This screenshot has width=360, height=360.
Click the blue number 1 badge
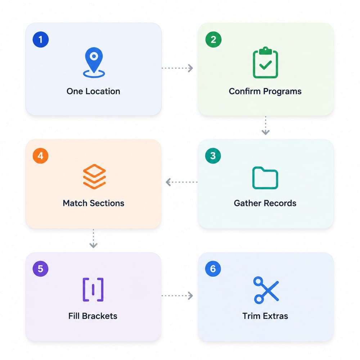pyautogui.click(x=41, y=40)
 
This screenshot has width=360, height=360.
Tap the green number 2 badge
pyautogui.click(x=213, y=40)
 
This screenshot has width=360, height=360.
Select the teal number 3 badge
pyautogui.click(x=213, y=156)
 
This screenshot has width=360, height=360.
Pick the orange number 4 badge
pyautogui.click(x=40, y=156)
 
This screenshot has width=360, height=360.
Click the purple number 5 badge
pyautogui.click(x=40, y=269)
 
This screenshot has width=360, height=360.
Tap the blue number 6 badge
pyautogui.click(x=213, y=269)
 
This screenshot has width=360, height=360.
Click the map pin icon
pyautogui.click(x=94, y=62)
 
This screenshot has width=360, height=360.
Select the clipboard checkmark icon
pyautogui.click(x=265, y=62)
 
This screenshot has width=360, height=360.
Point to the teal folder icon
pyautogui.click(x=265, y=178)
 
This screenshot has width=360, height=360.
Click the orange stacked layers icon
pyautogui.click(x=94, y=176)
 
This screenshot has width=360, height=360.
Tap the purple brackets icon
pyautogui.click(x=93, y=289)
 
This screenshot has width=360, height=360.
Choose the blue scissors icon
pyautogui.click(x=266, y=290)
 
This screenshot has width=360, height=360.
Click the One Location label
pyautogui.click(x=93, y=91)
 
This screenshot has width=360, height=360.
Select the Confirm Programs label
pyautogui.click(x=265, y=91)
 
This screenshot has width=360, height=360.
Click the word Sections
pyautogui.click(x=107, y=203)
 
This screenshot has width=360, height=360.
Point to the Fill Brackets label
pyautogui.click(x=93, y=316)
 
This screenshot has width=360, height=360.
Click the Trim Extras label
pyautogui.click(x=265, y=316)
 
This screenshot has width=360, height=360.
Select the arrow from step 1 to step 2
pyautogui.click(x=177, y=68)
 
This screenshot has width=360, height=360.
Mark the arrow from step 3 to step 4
pyautogui.click(x=181, y=182)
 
